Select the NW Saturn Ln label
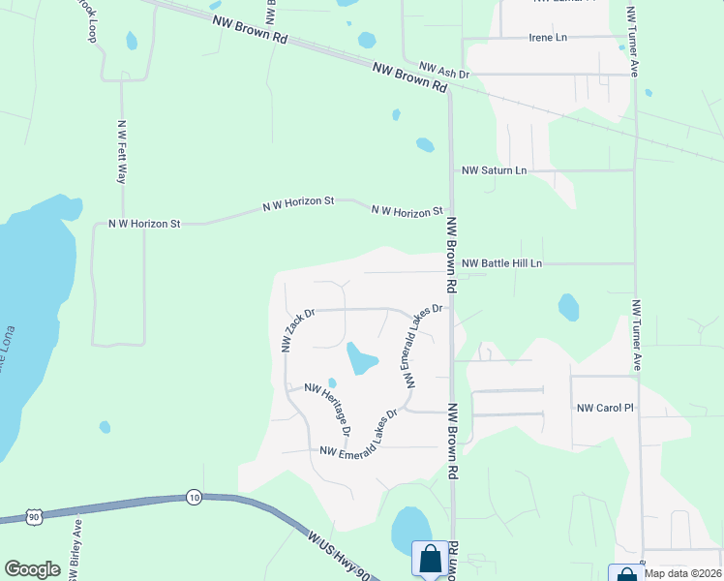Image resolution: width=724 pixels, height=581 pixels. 495,170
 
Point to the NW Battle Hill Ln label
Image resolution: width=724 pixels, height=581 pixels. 501,263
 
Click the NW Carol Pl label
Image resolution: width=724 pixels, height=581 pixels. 604,409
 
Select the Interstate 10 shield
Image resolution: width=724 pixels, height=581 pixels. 194,497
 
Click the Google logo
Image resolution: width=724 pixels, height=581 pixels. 32,569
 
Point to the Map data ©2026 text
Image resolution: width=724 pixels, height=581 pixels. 682,573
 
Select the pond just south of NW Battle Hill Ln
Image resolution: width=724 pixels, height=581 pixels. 569,308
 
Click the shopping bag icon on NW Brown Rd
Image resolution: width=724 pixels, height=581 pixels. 429,559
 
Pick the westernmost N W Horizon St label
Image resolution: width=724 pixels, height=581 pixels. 144,224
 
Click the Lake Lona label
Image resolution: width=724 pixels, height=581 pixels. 8,373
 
